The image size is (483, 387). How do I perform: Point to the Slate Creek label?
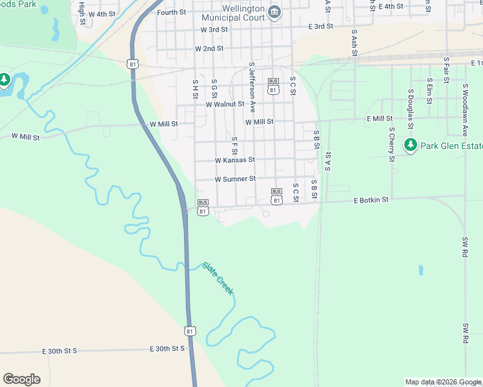tap(218, 278)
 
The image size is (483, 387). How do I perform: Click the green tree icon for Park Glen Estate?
tap(410, 144)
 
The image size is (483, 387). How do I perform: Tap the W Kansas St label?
tap(235, 160)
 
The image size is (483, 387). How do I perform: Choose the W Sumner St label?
tap(235, 179)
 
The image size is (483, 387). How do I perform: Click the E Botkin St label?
tap(371, 201)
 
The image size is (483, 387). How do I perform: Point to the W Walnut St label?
tap(225, 104)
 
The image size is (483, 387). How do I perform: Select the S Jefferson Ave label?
tap(252, 88)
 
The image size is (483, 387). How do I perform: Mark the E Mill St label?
tap(380, 119)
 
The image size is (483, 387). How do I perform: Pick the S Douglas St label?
tap(410, 103)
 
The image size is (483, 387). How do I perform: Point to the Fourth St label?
tap(171, 12)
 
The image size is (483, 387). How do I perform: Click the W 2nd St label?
tap(209, 48)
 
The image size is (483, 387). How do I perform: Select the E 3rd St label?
tap(321, 26)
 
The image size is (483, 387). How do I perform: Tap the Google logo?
tap(21, 379)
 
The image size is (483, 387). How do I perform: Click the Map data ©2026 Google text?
tap(443, 382)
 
